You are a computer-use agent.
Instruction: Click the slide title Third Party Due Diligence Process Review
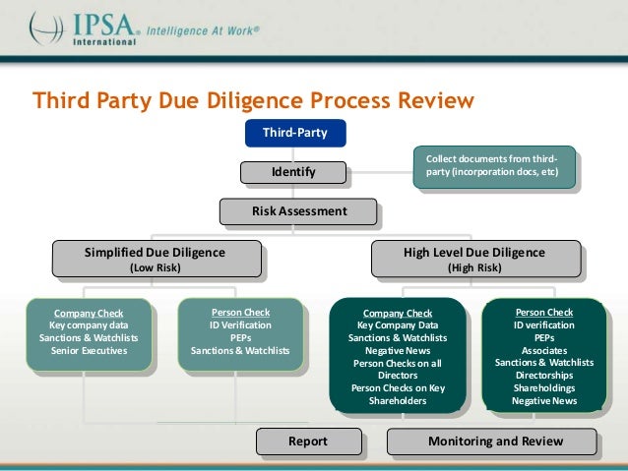[x=253, y=101]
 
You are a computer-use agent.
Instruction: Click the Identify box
[x=293, y=173]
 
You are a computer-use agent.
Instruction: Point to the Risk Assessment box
[x=297, y=210]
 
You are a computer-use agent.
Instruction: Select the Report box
[x=307, y=442]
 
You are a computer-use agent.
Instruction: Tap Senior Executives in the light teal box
[x=89, y=350]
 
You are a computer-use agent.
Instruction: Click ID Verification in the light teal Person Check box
[x=241, y=324]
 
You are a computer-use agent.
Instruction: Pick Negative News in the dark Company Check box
[x=398, y=350]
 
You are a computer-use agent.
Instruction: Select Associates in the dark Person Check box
[x=544, y=350]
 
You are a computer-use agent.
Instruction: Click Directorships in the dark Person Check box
[x=544, y=376]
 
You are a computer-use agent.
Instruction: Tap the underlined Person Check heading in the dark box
[x=544, y=313]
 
